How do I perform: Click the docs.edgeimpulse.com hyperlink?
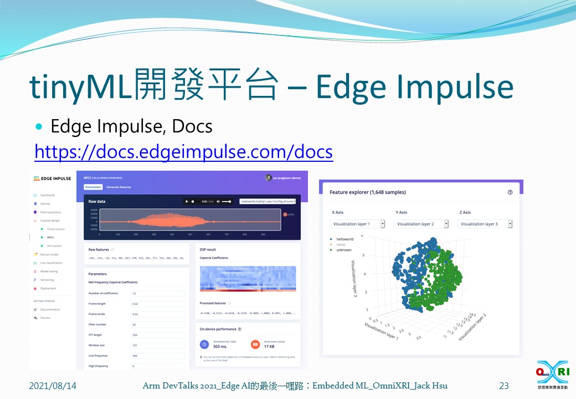(x=183, y=151)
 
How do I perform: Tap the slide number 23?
(x=503, y=386)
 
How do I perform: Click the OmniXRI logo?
(x=552, y=375)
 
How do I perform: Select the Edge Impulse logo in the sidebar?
(x=52, y=178)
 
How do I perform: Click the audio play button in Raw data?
(x=187, y=202)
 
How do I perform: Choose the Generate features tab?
(x=119, y=187)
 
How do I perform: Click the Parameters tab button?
(x=93, y=187)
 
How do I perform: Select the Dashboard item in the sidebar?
(x=47, y=195)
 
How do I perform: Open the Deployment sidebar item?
(x=48, y=288)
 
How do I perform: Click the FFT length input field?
(x=157, y=335)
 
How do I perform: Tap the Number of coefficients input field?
(x=157, y=293)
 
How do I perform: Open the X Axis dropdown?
(x=359, y=224)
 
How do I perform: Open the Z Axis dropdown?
(x=485, y=224)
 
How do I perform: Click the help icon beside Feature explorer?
(x=510, y=192)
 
